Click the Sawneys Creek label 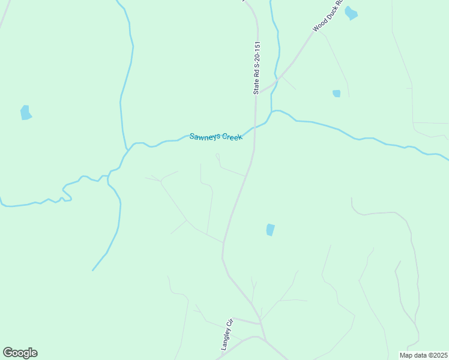point(216,137)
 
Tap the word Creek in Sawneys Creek point(232,137)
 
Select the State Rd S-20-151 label point(256,67)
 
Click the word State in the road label point(256,86)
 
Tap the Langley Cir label point(226,334)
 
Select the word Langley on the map point(225,338)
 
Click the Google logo point(20,353)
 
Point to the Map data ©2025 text point(423,355)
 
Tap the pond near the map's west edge point(25,112)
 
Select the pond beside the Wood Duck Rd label point(351,13)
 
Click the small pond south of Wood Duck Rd point(337,93)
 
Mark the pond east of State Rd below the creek point(270,229)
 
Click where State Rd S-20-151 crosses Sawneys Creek point(255,127)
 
